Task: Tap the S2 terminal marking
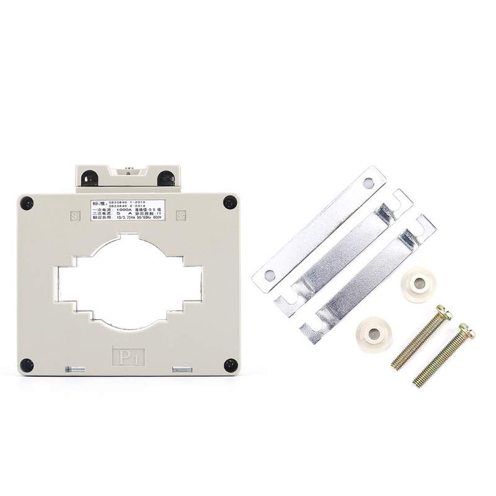[181, 216]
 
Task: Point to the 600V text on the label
[156, 217]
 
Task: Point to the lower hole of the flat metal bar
[268, 274]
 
